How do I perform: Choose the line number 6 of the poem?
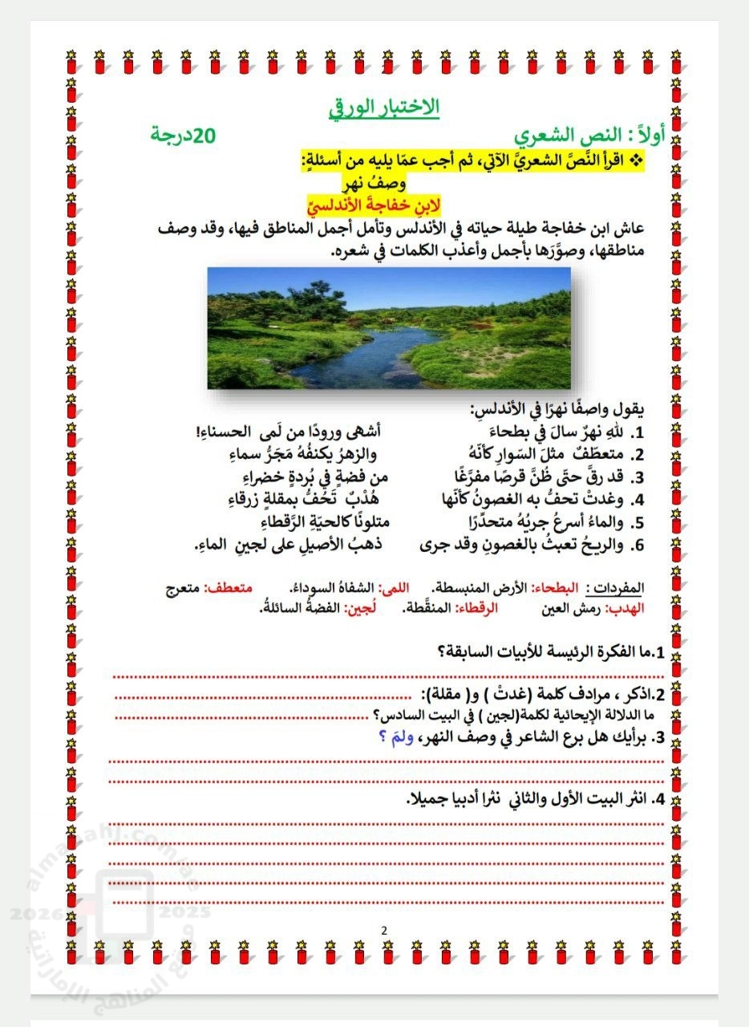point(640,546)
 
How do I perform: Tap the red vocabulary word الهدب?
point(630,608)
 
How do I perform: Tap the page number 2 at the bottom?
point(384,931)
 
